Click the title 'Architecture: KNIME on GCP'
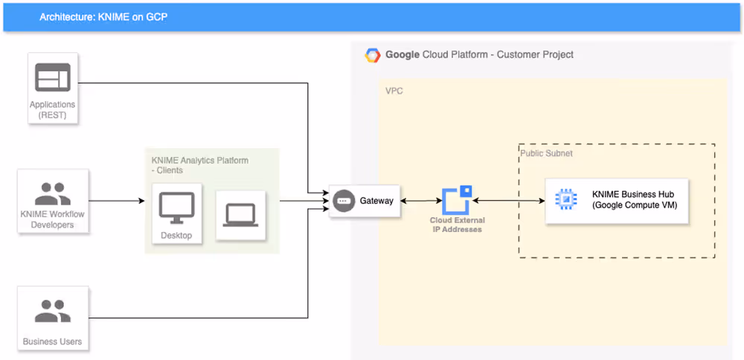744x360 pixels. tap(103, 16)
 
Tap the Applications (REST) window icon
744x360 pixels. tap(52, 77)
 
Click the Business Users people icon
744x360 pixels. tap(52, 310)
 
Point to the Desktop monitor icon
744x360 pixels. tap(176, 208)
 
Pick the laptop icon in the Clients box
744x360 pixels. tap(240, 214)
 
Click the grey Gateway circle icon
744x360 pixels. tap(343, 201)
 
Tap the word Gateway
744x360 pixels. tap(376, 201)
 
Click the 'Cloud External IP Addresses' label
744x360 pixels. tap(457, 225)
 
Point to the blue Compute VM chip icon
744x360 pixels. tap(566, 200)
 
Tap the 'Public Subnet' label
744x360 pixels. tap(546, 153)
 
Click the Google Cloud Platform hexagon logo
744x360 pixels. tap(373, 55)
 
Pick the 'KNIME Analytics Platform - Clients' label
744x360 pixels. tap(199, 164)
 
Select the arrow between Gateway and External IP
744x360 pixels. tap(421, 201)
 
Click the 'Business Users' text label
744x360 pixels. tap(52, 341)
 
